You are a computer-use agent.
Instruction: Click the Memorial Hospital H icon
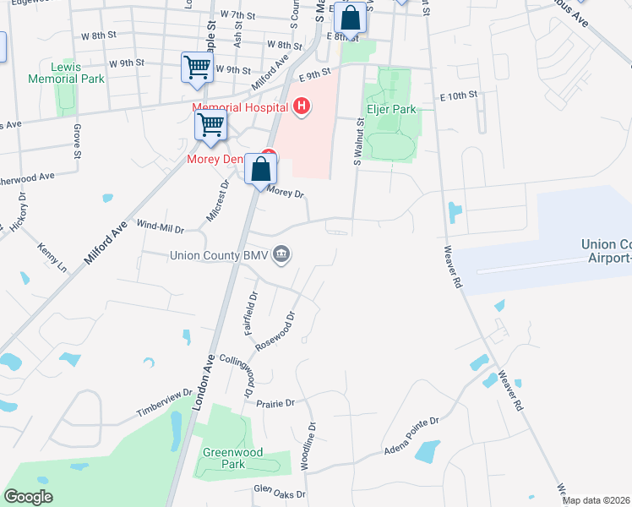[301, 106]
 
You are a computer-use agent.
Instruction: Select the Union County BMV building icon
[282, 254]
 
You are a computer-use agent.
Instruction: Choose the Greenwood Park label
[224, 457]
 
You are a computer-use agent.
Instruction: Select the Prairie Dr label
[275, 403]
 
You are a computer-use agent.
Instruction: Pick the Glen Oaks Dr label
[280, 489]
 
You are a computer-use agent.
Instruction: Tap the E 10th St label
[459, 94]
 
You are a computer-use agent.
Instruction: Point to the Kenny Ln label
[52, 258]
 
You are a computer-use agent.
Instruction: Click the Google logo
[28, 496]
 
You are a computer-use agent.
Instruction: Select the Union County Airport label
[605, 251]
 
